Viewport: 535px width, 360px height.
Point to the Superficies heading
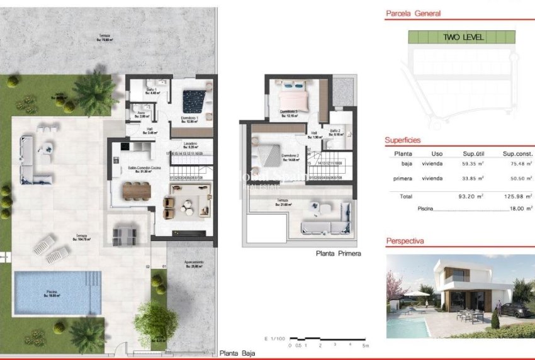click(403, 140)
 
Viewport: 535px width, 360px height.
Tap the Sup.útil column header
click(476, 154)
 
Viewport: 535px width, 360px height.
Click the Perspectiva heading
click(405, 241)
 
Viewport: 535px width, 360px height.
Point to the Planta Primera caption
click(338, 254)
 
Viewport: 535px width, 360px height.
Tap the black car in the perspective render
click(514, 309)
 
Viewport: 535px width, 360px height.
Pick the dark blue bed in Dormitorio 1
click(194, 99)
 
